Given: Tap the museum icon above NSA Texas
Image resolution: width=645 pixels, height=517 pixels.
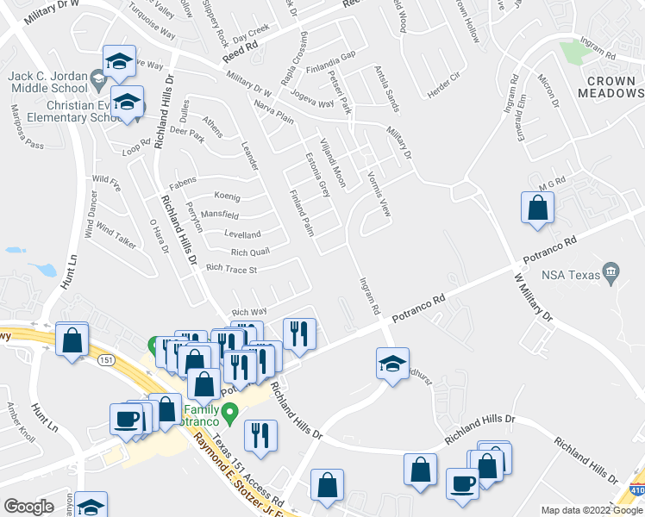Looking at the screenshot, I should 611,272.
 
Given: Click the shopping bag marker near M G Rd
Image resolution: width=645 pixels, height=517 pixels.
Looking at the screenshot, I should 537,209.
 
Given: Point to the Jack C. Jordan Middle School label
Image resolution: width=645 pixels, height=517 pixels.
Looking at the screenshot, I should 47,82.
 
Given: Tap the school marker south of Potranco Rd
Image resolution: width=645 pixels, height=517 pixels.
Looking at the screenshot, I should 392,364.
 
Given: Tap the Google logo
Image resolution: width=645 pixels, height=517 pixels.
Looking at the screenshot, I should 28,507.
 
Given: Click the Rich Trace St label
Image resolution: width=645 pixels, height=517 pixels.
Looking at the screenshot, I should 232,270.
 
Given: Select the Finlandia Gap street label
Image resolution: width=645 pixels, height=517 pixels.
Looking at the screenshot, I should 335,55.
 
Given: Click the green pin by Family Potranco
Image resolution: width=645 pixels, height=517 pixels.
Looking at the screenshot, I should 229,414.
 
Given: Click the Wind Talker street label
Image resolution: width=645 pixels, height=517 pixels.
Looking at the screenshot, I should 116,234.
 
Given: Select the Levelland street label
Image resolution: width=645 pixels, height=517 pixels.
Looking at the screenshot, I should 242,234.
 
